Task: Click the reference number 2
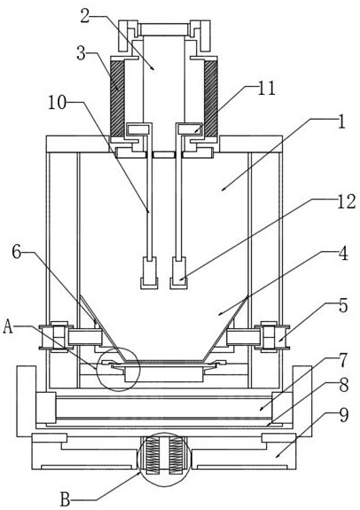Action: (x=85, y=15)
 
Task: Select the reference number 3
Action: (x=81, y=53)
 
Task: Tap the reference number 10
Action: (x=58, y=103)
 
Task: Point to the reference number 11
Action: (x=266, y=88)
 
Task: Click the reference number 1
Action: (x=340, y=122)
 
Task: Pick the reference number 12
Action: (x=346, y=201)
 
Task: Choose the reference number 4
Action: (x=343, y=254)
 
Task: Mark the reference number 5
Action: (x=343, y=306)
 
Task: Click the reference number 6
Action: (x=17, y=253)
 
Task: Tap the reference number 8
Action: (x=343, y=386)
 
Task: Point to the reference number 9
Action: (x=343, y=415)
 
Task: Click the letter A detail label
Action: (x=8, y=327)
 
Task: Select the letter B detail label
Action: (x=66, y=499)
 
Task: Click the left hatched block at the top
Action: (x=117, y=98)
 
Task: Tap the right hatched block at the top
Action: (x=210, y=98)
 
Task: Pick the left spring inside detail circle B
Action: (x=153, y=454)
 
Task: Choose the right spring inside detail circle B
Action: (x=175, y=454)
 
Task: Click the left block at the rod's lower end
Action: (x=149, y=273)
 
